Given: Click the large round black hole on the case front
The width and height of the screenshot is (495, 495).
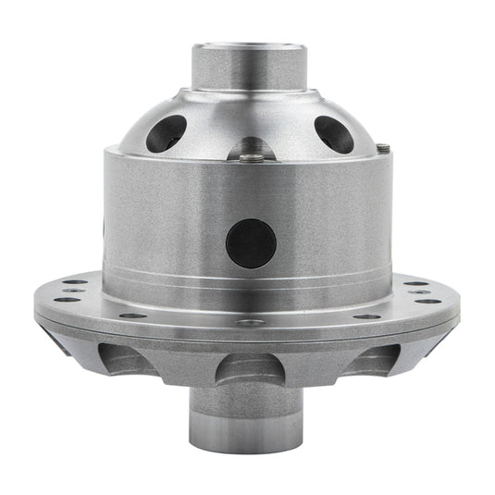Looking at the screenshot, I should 251,243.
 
